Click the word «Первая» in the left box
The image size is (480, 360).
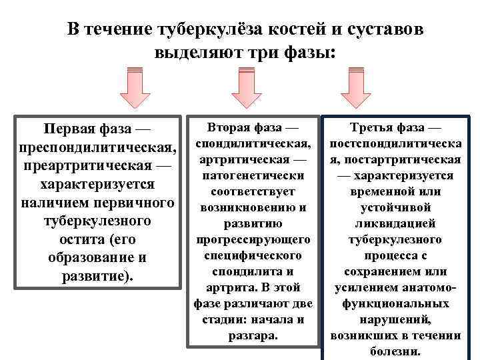(x=67, y=128)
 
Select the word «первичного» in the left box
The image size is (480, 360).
(x=135, y=202)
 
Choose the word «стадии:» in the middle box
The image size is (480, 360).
(x=225, y=320)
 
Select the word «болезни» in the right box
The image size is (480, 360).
(x=394, y=351)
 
